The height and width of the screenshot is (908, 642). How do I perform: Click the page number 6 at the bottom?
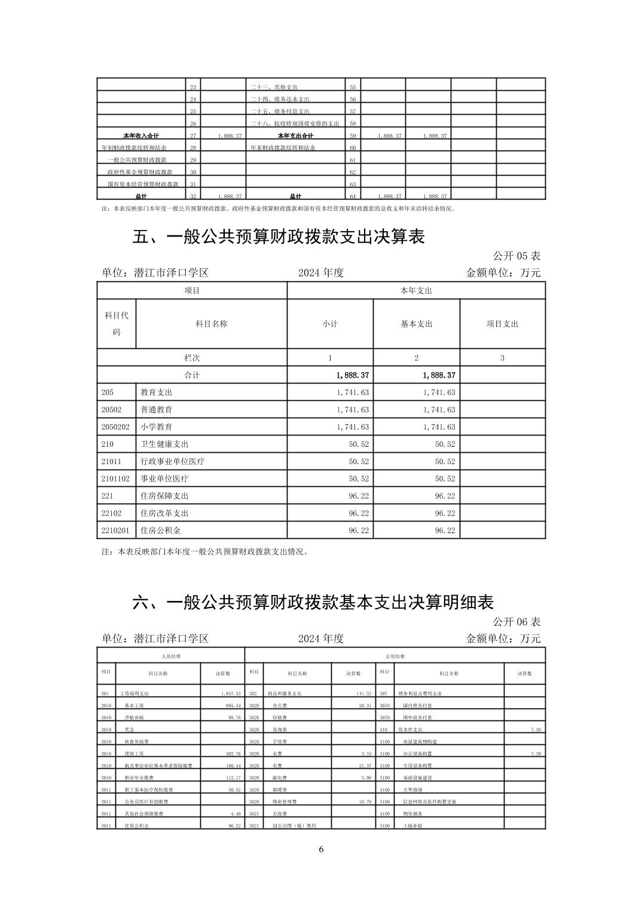321,850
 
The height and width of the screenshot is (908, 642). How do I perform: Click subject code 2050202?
116,427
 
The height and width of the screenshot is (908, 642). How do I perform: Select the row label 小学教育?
157,427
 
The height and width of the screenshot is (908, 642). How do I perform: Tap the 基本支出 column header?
416,324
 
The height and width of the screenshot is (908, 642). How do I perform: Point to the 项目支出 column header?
502,324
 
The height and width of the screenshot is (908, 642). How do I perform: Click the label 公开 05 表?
516,256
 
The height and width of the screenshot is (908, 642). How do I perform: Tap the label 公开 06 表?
516,621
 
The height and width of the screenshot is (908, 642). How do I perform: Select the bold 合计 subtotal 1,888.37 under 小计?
353,375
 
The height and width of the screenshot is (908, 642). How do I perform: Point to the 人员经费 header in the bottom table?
171,656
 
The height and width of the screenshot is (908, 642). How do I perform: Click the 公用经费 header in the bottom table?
395,656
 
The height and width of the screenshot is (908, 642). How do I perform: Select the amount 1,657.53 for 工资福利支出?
230,694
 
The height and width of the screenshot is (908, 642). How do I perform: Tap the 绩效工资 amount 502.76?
230,754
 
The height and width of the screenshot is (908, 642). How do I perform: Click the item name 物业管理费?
281,802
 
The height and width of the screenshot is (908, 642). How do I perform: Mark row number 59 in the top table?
353,136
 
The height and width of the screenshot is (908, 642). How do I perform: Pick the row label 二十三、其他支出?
271,87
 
